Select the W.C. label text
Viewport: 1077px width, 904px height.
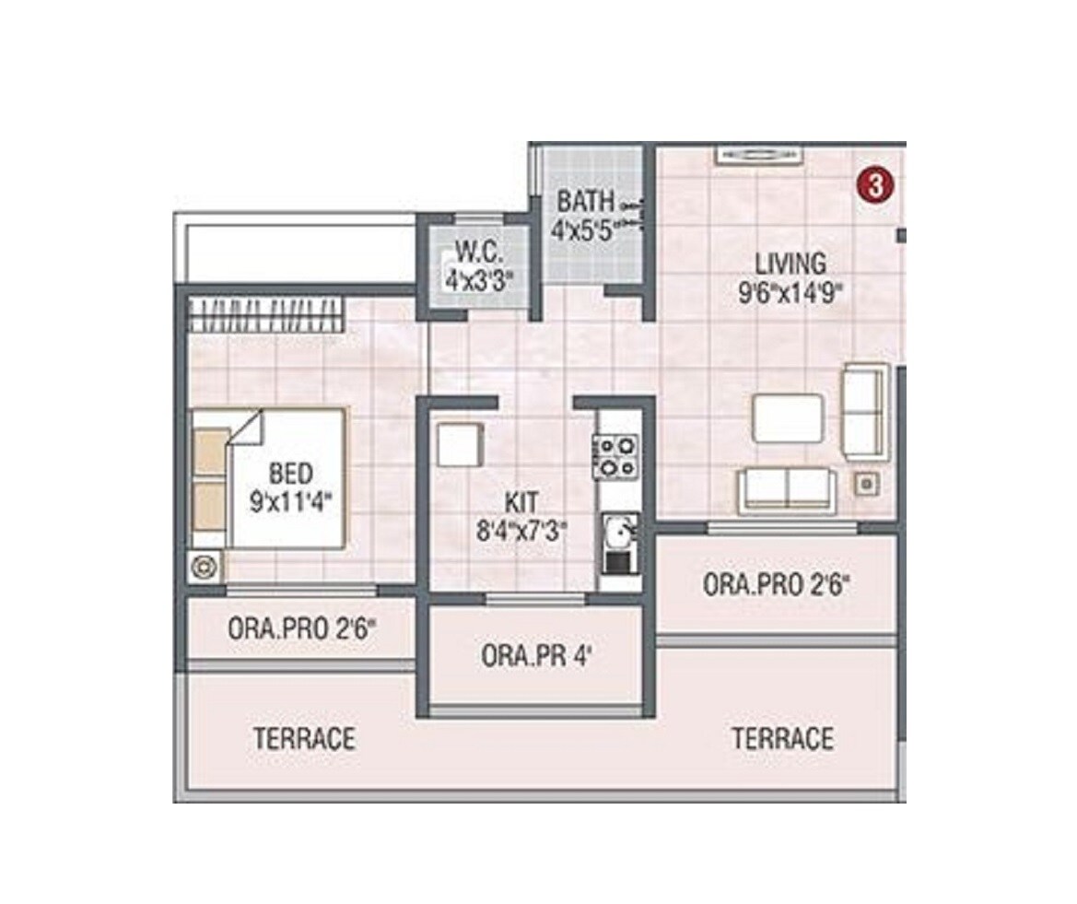click(479, 251)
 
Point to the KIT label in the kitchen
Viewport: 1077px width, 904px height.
click(522, 503)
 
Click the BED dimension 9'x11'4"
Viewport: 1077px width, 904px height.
click(290, 502)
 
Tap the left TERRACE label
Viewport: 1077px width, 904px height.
click(304, 738)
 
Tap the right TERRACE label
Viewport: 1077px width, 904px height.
click(782, 738)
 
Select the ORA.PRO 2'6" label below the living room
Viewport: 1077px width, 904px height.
click(775, 585)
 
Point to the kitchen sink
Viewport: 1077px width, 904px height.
click(617, 532)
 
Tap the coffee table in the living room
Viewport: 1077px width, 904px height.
click(788, 419)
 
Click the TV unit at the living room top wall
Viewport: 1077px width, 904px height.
click(756, 156)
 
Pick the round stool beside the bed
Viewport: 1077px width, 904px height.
click(205, 568)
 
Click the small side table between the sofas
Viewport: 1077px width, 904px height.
click(865, 482)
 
